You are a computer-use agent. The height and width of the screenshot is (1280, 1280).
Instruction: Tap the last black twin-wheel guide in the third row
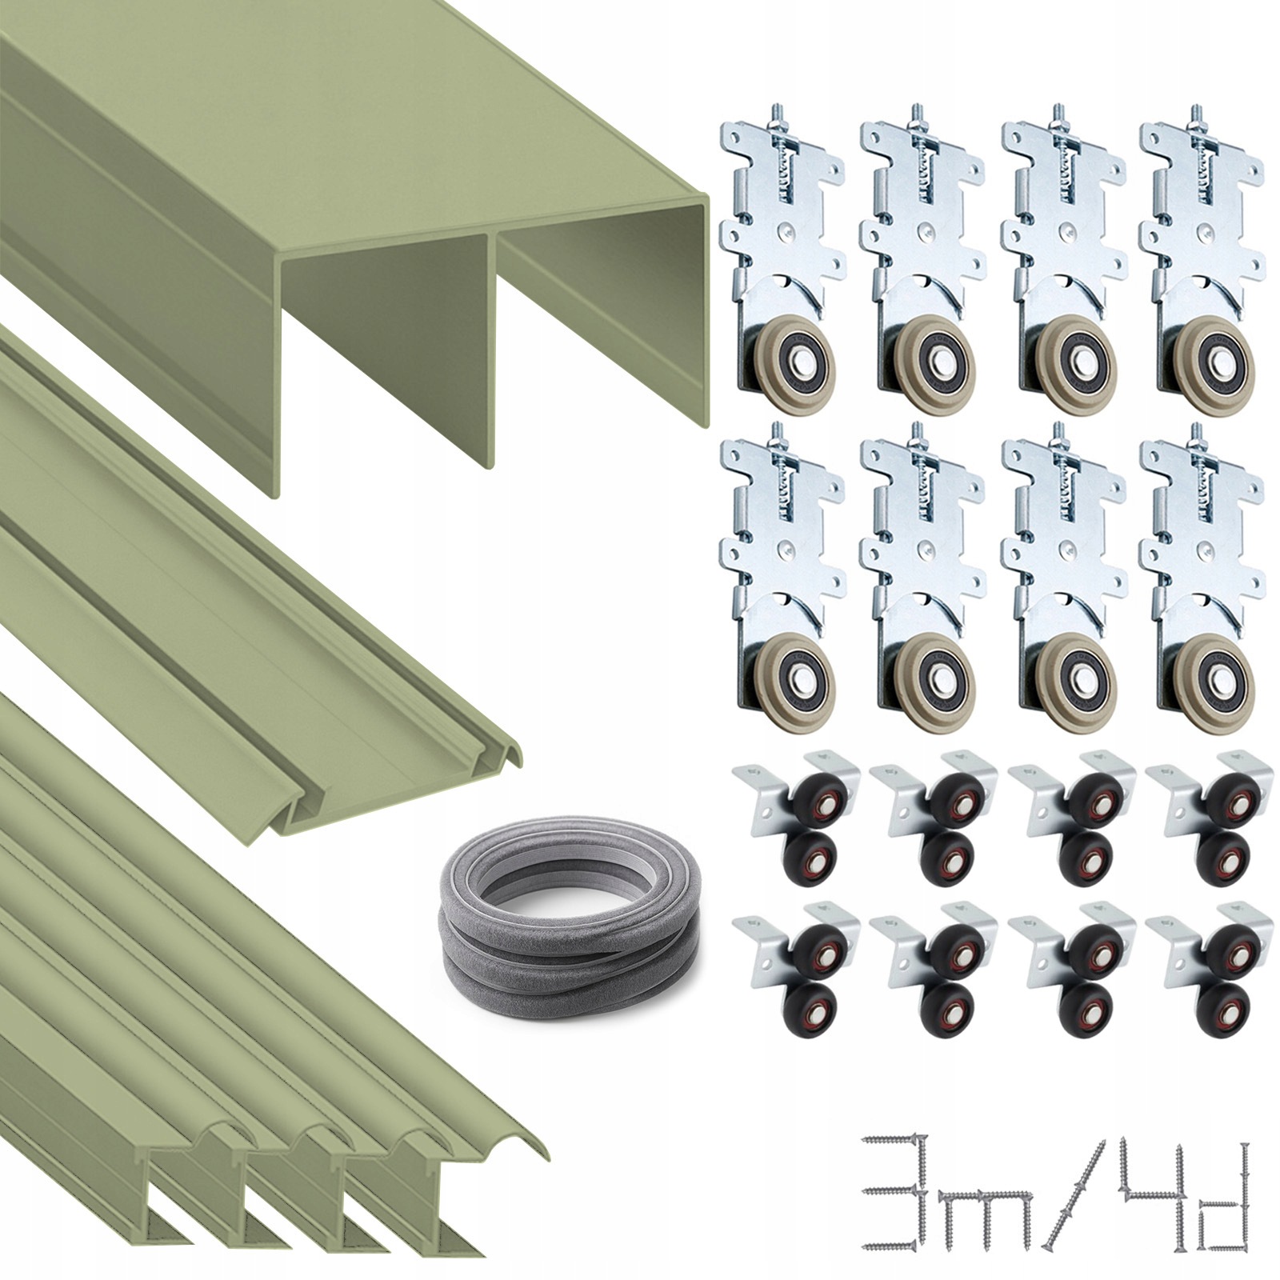coord(1208,816)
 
